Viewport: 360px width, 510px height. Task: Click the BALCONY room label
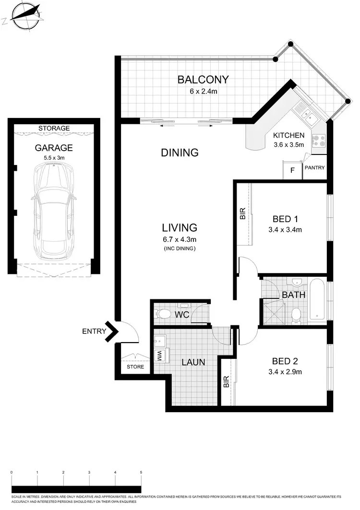203,79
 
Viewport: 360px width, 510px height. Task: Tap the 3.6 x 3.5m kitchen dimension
288,144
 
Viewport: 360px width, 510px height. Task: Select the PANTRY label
314,168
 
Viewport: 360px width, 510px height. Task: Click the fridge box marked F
292,171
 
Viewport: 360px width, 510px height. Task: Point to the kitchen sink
305,114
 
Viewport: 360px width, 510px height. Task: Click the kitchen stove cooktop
319,140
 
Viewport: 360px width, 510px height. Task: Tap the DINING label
180,153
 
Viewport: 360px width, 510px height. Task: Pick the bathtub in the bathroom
318,300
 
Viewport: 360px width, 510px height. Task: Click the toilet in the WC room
164,314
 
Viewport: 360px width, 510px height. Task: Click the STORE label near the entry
135,368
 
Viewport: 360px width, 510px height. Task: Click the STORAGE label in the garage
54,128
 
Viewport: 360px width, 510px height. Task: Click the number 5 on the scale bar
141,473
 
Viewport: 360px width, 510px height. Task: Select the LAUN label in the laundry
193,362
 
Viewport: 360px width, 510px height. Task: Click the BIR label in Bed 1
242,213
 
